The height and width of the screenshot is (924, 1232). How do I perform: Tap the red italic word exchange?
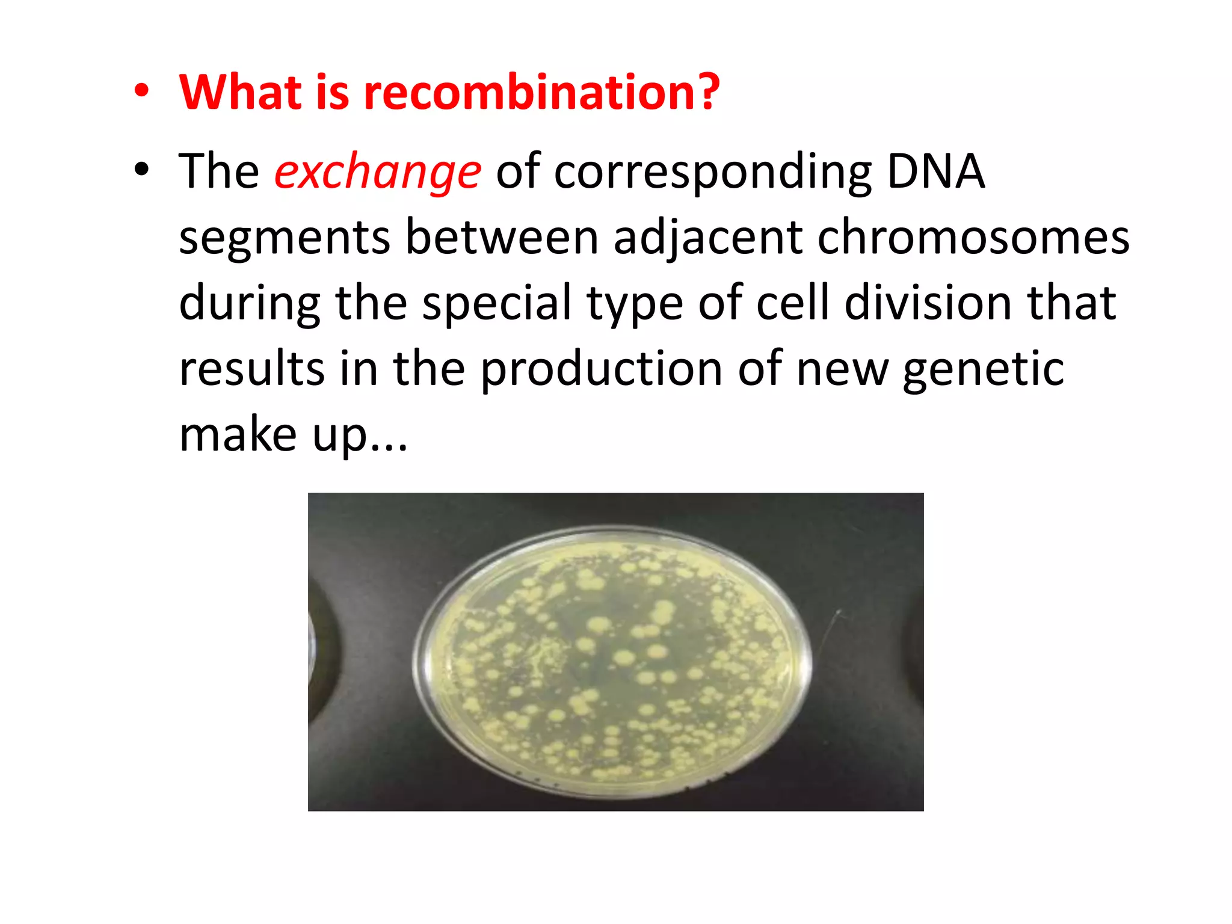click(378, 171)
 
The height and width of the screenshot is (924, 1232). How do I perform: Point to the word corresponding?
click(713, 171)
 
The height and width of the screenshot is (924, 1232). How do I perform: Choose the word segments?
click(285, 238)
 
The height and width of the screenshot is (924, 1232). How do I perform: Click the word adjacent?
click(708, 238)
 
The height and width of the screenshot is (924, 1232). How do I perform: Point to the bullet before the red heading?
click(141, 91)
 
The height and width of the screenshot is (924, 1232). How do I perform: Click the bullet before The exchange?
click(141, 170)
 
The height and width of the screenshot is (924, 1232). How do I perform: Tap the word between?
click(502, 238)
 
